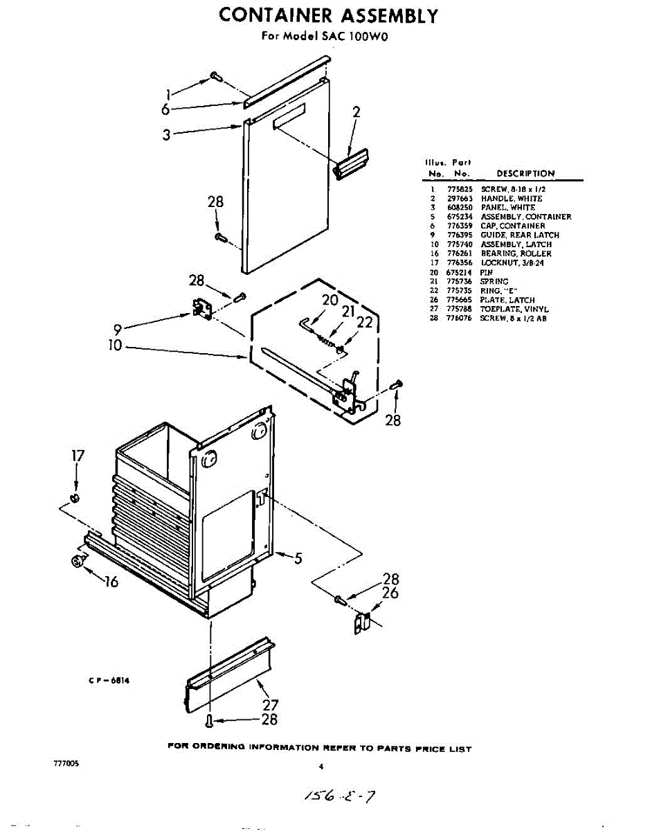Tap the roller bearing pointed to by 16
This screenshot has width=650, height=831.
[77, 562]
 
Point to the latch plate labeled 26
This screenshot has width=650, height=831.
[363, 621]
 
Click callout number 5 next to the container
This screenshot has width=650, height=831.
[298, 558]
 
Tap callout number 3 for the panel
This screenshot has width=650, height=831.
[167, 135]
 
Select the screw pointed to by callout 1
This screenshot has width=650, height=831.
[216, 77]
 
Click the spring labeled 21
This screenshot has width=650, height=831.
[325, 337]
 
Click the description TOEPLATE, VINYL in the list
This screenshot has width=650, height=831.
[514, 309]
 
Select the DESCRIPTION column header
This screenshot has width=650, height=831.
[525, 174]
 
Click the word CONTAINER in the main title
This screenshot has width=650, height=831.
[273, 15]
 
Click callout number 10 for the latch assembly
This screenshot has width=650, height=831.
[114, 345]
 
